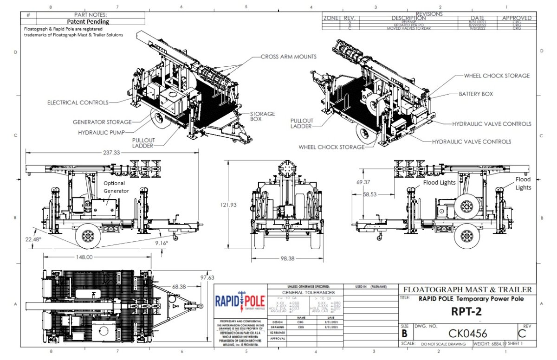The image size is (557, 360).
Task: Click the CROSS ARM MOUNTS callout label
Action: pos(288,57)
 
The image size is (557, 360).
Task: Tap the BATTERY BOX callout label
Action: pos(476,94)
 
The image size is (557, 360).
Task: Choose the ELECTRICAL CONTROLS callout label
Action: pos(78,102)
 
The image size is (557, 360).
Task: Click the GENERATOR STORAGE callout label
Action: pos(102,122)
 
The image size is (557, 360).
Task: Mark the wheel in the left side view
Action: pos(88,236)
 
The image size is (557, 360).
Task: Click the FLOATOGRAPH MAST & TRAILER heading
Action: pos(467,289)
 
